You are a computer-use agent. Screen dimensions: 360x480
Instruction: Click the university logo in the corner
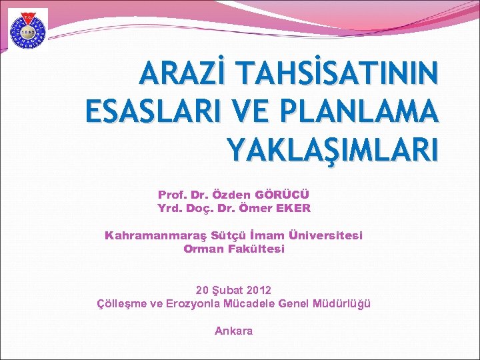click(x=27, y=30)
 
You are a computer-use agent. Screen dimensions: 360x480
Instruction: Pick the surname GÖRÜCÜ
click(x=283, y=195)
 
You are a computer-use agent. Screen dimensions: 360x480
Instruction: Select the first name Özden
click(x=231, y=195)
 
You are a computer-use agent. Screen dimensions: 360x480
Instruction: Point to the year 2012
click(x=259, y=291)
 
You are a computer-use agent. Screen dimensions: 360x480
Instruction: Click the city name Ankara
click(x=233, y=331)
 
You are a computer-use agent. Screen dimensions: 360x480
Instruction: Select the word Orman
click(x=201, y=249)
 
